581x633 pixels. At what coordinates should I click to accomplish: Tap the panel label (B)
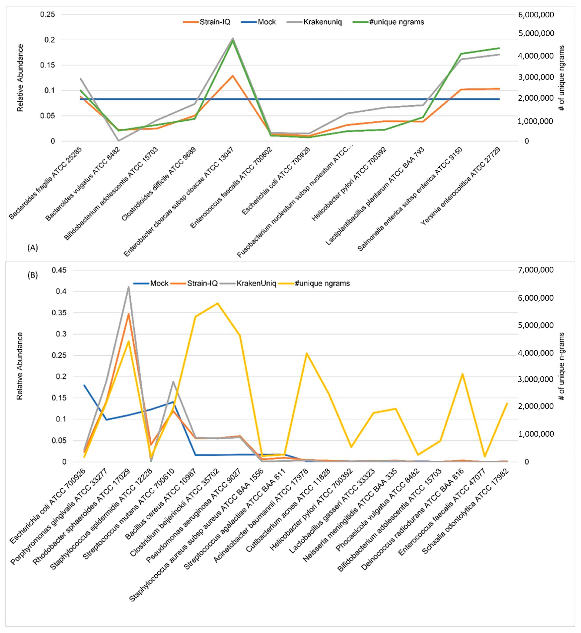point(33,275)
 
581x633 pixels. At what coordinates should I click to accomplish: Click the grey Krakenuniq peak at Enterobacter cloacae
point(233,39)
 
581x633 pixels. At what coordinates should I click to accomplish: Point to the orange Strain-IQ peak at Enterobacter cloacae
point(233,76)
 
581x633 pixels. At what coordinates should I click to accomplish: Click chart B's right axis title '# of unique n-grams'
point(562,366)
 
